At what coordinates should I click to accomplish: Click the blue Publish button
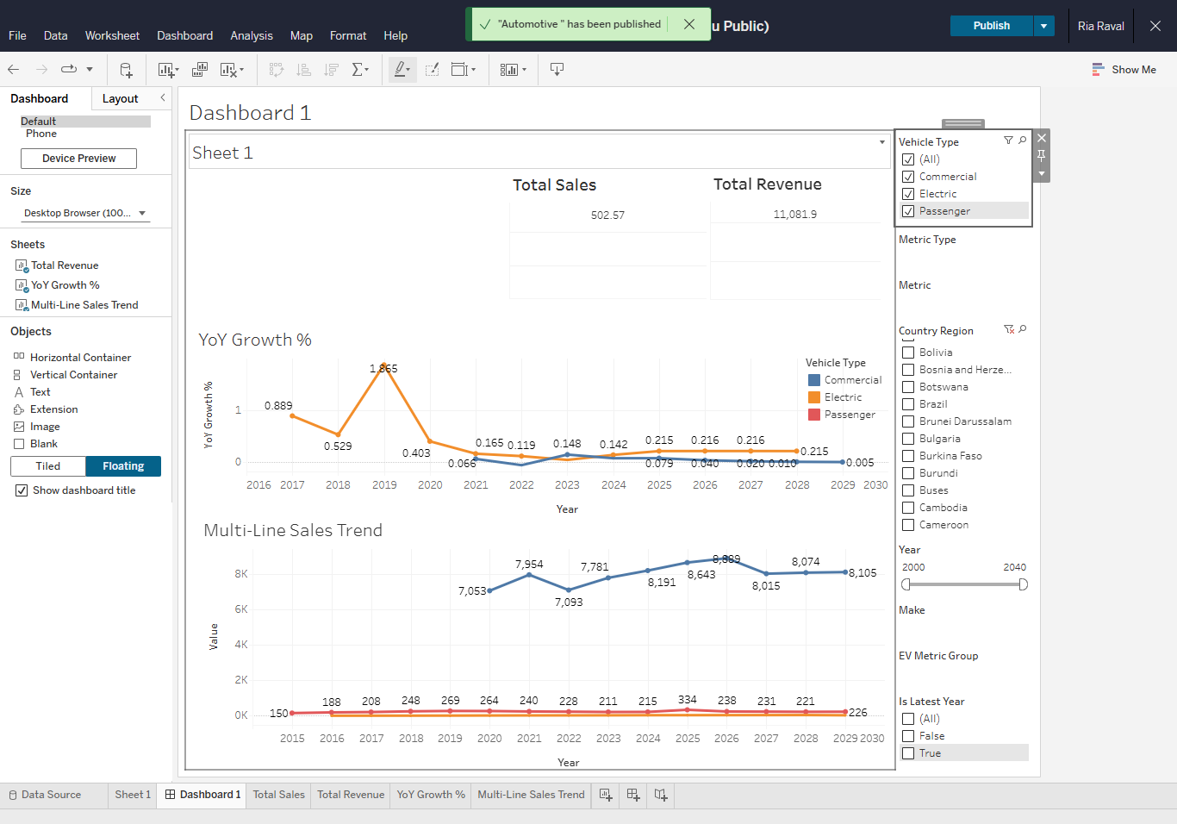(x=991, y=26)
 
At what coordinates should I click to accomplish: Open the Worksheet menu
(x=112, y=35)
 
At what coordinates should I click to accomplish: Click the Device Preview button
(x=78, y=159)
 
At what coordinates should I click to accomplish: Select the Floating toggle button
(x=123, y=466)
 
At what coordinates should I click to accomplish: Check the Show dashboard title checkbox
(x=22, y=490)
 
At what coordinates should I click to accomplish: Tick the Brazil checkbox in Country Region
(x=908, y=404)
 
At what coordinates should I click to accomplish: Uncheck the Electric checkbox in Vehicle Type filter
(x=908, y=194)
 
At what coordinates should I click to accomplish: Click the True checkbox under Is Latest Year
(x=908, y=753)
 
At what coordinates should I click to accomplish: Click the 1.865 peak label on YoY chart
(x=383, y=369)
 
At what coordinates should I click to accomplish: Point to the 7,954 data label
(x=529, y=565)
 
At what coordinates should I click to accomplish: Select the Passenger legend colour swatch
(x=813, y=415)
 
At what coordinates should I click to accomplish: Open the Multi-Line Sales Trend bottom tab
(x=531, y=795)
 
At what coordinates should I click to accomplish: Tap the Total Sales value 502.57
(x=607, y=215)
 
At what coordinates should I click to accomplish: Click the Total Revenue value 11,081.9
(x=794, y=215)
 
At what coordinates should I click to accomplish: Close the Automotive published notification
(x=689, y=24)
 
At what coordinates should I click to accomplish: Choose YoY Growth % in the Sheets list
(x=65, y=285)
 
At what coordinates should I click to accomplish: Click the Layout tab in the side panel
(x=120, y=99)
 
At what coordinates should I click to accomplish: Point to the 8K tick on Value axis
(x=241, y=574)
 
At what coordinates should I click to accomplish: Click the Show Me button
(x=1124, y=70)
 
